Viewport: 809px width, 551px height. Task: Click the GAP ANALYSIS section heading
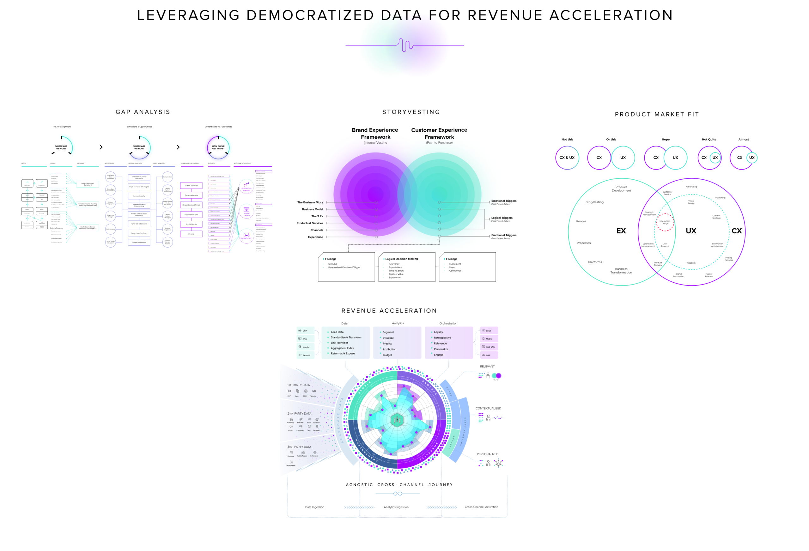click(x=143, y=112)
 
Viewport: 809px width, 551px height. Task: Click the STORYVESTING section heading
click(x=411, y=112)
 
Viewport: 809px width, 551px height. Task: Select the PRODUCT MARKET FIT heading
click(x=657, y=114)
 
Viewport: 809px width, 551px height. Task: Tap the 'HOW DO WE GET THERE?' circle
click(x=218, y=147)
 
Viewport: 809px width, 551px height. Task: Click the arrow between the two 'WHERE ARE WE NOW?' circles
click(x=101, y=147)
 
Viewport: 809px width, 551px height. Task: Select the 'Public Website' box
click(x=191, y=185)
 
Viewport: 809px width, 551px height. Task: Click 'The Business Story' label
click(x=310, y=202)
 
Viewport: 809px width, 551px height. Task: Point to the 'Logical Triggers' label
click(x=502, y=218)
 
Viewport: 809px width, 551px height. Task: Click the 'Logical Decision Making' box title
click(x=401, y=259)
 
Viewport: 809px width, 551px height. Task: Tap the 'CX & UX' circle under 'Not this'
click(x=567, y=158)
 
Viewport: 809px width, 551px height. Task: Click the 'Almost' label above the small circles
click(x=743, y=140)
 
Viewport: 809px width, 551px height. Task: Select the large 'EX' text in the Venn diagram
click(x=621, y=231)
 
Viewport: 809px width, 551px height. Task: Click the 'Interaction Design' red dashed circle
click(x=665, y=222)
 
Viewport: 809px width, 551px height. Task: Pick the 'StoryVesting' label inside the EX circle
click(x=594, y=202)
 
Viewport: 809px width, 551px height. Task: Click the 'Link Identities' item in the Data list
click(x=339, y=343)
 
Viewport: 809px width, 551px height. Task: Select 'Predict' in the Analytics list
click(x=387, y=343)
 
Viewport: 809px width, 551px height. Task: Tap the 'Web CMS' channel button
click(x=489, y=347)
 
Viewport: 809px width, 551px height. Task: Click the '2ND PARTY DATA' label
click(x=299, y=414)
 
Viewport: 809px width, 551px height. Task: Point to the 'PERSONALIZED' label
click(x=487, y=454)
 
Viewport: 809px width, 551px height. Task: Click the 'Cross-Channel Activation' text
click(x=481, y=507)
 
